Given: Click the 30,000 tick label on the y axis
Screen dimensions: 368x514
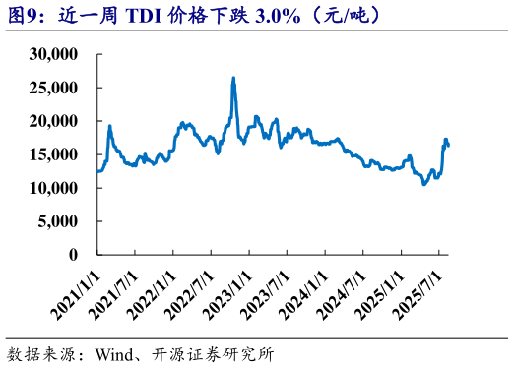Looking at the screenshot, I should click(x=61, y=54).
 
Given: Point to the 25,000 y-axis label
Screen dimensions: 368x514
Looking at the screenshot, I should click(x=61, y=88).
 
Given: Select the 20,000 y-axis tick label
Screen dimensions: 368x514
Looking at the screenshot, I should click(x=61, y=121).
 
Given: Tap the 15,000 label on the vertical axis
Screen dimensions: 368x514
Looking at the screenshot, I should click(x=61, y=154).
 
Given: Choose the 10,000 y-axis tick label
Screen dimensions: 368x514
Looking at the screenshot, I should click(x=61, y=188).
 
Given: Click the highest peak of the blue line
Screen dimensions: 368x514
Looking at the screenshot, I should click(x=233, y=78).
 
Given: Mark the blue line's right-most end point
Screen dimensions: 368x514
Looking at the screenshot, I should click(x=449, y=146).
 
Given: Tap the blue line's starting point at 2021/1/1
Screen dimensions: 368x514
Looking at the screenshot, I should click(x=97, y=171).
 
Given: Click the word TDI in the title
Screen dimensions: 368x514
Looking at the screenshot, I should click(x=140, y=16).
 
